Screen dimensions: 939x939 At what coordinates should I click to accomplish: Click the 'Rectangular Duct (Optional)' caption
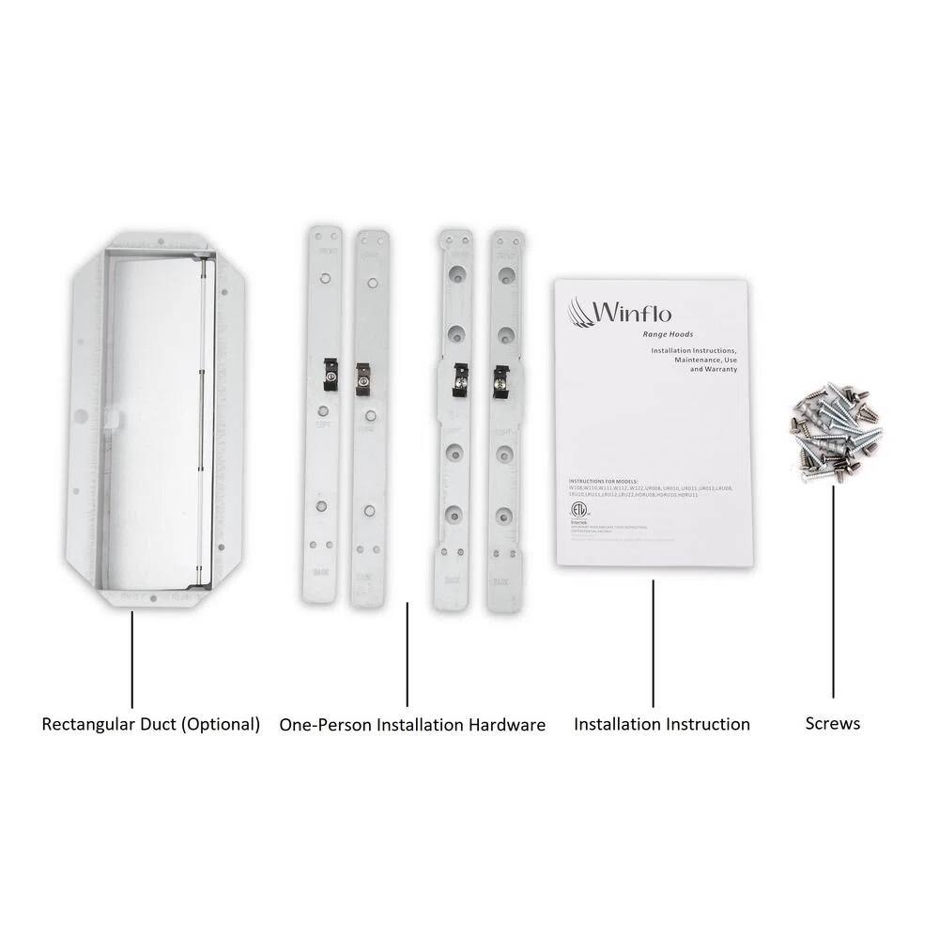coord(151,724)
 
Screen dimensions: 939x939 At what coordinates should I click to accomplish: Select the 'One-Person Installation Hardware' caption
coord(412,725)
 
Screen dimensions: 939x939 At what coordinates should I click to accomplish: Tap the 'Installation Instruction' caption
coord(661,724)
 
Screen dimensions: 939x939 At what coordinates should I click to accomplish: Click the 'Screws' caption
coord(832,723)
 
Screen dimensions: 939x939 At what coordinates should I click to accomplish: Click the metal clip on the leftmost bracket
coord(331,375)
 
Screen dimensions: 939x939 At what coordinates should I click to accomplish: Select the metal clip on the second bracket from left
coord(363,379)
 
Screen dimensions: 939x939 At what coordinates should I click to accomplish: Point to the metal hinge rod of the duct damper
coord(205,423)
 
